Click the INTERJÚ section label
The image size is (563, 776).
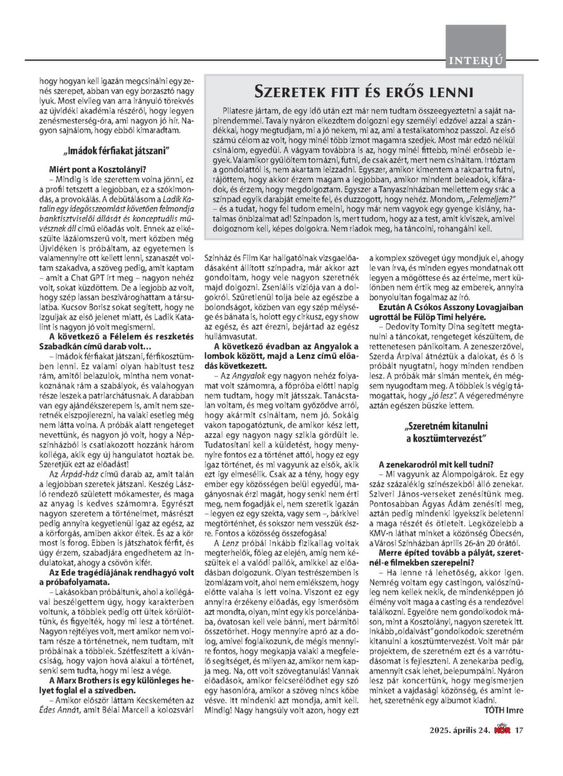[x=475, y=62]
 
